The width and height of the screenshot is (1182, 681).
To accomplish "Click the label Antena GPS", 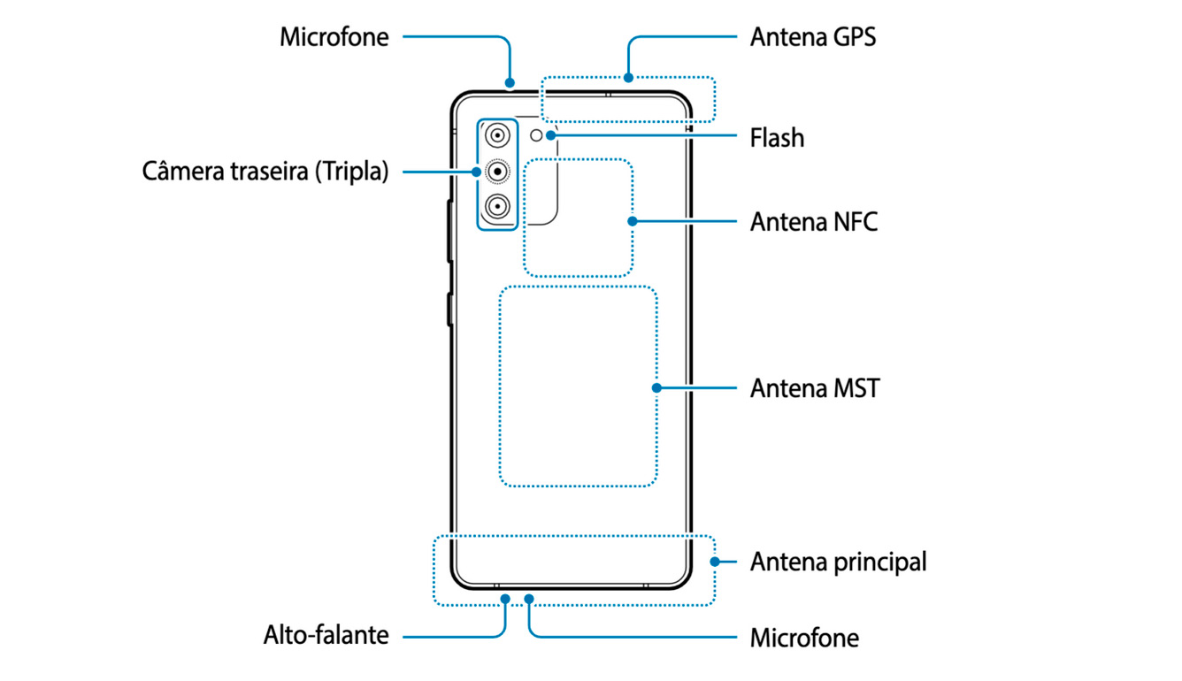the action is pyautogui.click(x=812, y=37).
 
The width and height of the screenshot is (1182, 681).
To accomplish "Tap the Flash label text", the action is pyautogui.click(x=778, y=138).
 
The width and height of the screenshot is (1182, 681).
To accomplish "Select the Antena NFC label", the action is pyautogui.click(x=814, y=222).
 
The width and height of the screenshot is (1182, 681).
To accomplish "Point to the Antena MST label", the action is pyautogui.click(x=815, y=388).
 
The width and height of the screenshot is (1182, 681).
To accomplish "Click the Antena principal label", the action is pyautogui.click(x=838, y=562).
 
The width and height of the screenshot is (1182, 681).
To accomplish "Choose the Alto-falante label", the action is pyautogui.click(x=326, y=635).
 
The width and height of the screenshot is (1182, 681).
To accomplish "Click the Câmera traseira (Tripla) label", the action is pyautogui.click(x=265, y=172).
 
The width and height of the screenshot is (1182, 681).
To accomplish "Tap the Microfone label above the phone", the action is pyautogui.click(x=334, y=37).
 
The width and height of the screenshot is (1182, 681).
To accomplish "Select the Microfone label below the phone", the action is pyautogui.click(x=804, y=639).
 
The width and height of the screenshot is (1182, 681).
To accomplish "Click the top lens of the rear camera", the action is pyautogui.click(x=497, y=136).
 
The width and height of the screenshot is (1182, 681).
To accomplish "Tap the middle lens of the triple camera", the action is pyautogui.click(x=497, y=172).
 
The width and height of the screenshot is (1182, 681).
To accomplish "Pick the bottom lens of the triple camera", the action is pyautogui.click(x=497, y=206).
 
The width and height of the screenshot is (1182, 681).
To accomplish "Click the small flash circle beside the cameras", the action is pyautogui.click(x=536, y=135).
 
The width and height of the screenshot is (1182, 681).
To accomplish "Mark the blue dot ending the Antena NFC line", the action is pyautogui.click(x=633, y=222).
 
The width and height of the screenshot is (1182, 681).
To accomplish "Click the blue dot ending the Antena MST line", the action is pyautogui.click(x=656, y=388).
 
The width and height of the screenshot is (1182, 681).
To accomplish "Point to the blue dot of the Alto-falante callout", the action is pyautogui.click(x=505, y=599).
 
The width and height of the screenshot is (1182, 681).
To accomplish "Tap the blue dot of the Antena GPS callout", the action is pyautogui.click(x=628, y=78).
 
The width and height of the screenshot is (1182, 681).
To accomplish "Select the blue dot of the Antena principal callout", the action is pyautogui.click(x=715, y=562).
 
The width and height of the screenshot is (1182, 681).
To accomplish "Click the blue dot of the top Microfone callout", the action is pyautogui.click(x=510, y=83).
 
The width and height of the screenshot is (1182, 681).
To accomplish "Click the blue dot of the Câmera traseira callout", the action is pyautogui.click(x=477, y=172).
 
